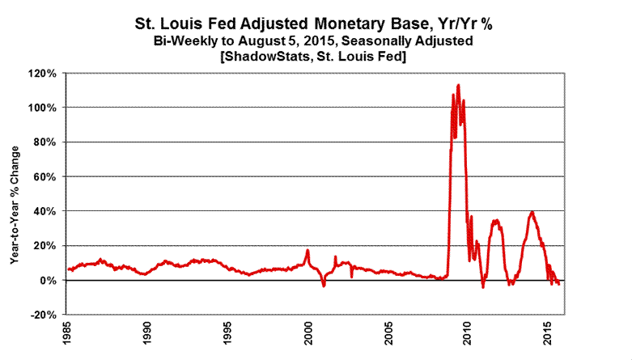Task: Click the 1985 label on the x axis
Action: pos(69,334)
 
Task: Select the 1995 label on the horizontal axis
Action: pos(228,334)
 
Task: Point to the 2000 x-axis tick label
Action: pos(308,334)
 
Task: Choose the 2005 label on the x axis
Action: pos(388,334)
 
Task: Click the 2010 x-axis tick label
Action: pos(469,334)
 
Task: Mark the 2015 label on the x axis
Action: pos(548,334)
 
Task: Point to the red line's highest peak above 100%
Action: pos(459,84)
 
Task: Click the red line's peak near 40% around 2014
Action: pos(532,212)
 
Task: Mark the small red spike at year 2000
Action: pos(308,250)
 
